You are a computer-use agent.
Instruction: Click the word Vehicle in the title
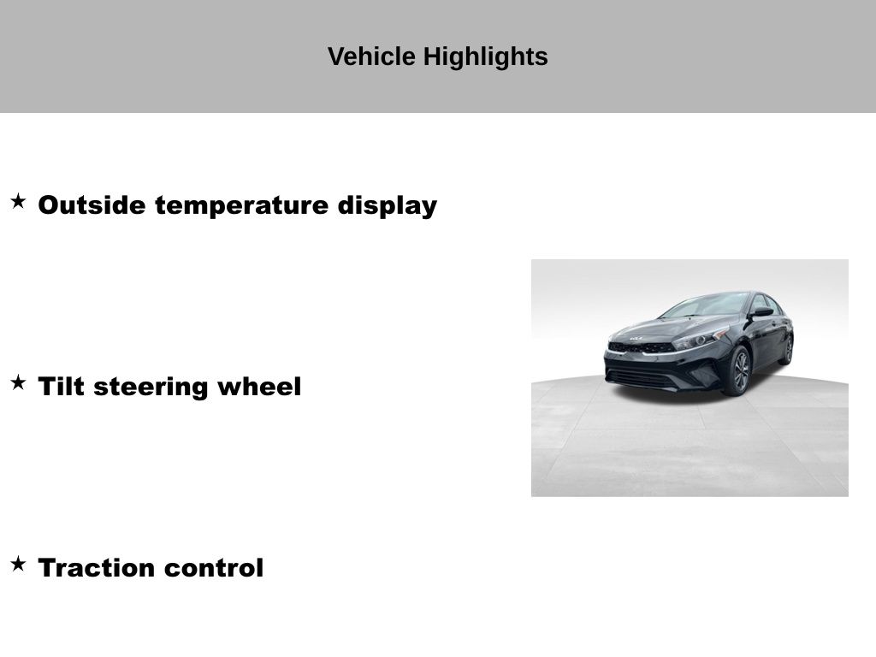(371, 56)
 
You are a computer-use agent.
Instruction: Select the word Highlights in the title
(486, 57)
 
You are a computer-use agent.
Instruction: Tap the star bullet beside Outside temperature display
(19, 201)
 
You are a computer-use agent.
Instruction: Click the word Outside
(92, 204)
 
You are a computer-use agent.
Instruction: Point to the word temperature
(241, 205)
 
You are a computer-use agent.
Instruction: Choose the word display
(388, 205)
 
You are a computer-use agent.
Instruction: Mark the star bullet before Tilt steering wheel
(19, 382)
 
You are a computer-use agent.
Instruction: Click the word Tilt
(61, 386)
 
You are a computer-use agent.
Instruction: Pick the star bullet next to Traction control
(19, 564)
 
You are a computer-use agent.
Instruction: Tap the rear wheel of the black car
(788, 350)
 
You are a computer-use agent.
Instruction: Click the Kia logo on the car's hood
(636, 339)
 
